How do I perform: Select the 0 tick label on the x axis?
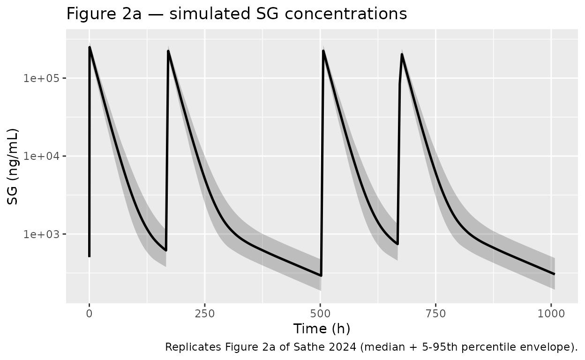[x=89, y=313]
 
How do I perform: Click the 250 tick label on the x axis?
[x=205, y=313]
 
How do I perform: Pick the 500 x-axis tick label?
[x=320, y=313]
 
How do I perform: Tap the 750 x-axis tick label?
[x=436, y=313]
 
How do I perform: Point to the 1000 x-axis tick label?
[x=551, y=313]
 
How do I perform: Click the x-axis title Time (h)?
[x=322, y=329]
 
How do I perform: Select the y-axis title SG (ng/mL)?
[x=13, y=166]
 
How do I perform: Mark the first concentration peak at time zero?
[x=90, y=47]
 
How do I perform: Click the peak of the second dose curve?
[x=168, y=51]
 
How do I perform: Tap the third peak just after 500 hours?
[x=323, y=51]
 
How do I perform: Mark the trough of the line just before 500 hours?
[x=321, y=275]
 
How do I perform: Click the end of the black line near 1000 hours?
[x=555, y=274]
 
